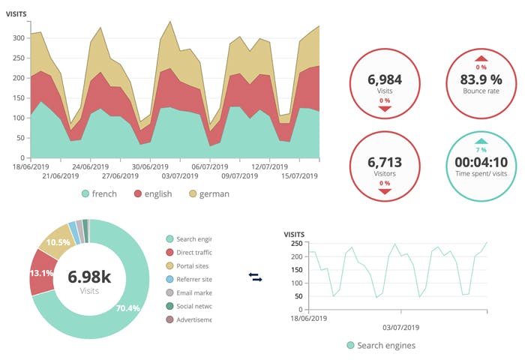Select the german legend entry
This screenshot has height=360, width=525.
pos(208,193)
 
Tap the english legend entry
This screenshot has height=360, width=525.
pos(153,193)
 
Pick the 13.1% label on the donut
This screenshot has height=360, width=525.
pos(42,273)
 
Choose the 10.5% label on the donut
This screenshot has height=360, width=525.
pos(58,242)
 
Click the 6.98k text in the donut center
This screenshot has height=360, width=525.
pos(89,277)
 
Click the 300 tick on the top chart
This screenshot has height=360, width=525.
pos(19,36)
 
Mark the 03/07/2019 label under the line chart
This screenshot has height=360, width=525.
pos(400,328)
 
